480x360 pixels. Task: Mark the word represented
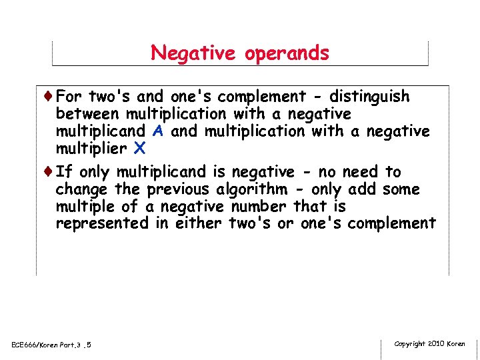coord(102,223)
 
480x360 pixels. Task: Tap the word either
coord(199,223)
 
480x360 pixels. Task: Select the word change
coord(81,189)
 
